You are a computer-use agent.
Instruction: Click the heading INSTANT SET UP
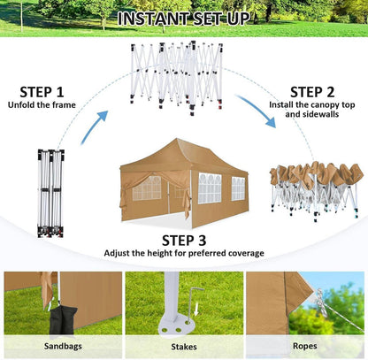click(183, 19)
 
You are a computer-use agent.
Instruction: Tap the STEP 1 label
click(42, 92)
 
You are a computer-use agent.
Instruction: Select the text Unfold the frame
click(42, 105)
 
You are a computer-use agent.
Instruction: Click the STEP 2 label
click(312, 92)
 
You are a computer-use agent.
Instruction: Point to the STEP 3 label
click(184, 241)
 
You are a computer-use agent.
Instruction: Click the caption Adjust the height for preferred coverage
click(184, 253)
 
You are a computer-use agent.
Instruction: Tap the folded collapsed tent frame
click(50, 193)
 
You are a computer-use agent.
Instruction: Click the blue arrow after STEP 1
click(95, 126)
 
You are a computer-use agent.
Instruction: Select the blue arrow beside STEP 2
click(256, 111)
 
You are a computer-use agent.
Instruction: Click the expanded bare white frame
click(176, 77)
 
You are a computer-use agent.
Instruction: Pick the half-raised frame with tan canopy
click(315, 191)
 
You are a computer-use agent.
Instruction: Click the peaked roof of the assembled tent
click(183, 156)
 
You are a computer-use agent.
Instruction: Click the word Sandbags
click(63, 346)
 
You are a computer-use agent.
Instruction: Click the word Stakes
click(184, 347)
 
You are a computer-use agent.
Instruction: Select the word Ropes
click(305, 346)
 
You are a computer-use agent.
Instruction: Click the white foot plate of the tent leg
click(176, 326)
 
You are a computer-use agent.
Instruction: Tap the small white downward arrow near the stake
click(196, 310)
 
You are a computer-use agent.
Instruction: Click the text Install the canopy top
click(312, 105)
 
